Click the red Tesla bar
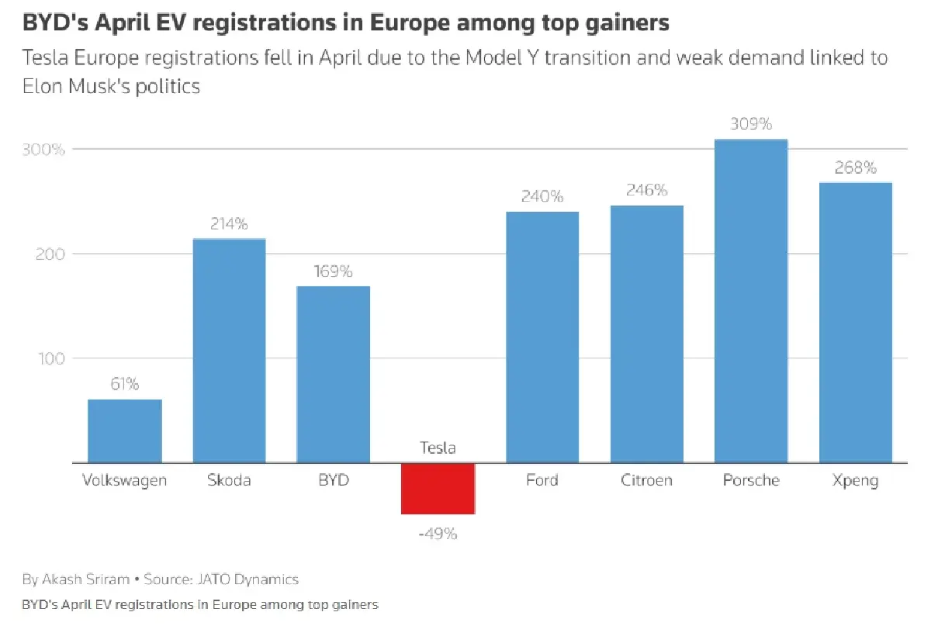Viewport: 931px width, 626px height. click(x=438, y=488)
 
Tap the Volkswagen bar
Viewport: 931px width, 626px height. click(x=125, y=431)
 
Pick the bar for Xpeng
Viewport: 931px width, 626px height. click(x=855, y=322)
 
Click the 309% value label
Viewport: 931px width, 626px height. click(x=751, y=124)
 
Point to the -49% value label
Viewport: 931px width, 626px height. click(x=438, y=534)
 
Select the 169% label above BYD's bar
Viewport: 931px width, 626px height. click(x=334, y=271)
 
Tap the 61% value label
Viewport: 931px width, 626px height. click(x=125, y=384)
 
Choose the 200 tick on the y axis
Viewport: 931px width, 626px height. click(x=51, y=254)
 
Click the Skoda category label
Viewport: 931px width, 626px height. click(x=229, y=480)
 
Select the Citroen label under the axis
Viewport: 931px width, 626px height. click(x=646, y=480)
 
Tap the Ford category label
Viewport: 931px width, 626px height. click(x=542, y=480)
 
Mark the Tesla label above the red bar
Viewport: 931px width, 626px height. click(x=438, y=448)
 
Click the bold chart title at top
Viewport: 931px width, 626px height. click(x=345, y=23)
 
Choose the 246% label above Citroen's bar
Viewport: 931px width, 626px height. click(x=646, y=191)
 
